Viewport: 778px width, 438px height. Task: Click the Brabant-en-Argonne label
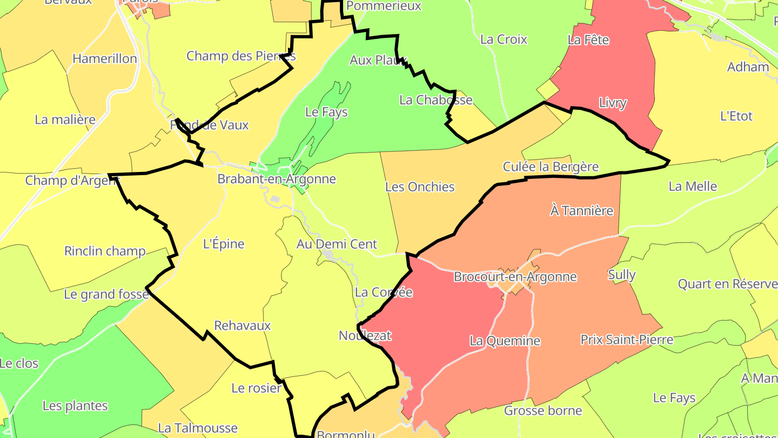pos(277,179)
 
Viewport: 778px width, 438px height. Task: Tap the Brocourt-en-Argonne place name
pos(515,277)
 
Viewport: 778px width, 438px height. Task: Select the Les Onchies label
pos(420,187)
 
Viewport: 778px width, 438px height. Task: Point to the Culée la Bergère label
pos(551,167)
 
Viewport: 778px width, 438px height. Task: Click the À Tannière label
pos(581,210)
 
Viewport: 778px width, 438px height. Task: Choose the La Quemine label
pos(505,341)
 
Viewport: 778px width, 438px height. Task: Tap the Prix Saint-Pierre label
pos(627,340)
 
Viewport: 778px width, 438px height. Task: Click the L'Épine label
pos(224,244)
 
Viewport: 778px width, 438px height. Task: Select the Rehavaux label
pos(243,326)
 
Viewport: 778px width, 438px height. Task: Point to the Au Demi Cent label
pos(337,244)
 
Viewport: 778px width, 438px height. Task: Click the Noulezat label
pos(365,335)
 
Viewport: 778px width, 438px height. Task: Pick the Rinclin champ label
pos(105,251)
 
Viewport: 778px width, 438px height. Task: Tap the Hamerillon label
pos(105,58)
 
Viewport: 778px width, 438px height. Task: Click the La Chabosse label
pos(435,100)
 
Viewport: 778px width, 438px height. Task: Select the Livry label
pos(612,103)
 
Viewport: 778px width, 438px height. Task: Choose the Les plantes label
pos(75,406)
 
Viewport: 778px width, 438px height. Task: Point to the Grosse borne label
pos(543,410)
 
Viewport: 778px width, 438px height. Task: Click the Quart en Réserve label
pos(727,284)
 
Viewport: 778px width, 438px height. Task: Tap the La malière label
pos(65,120)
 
